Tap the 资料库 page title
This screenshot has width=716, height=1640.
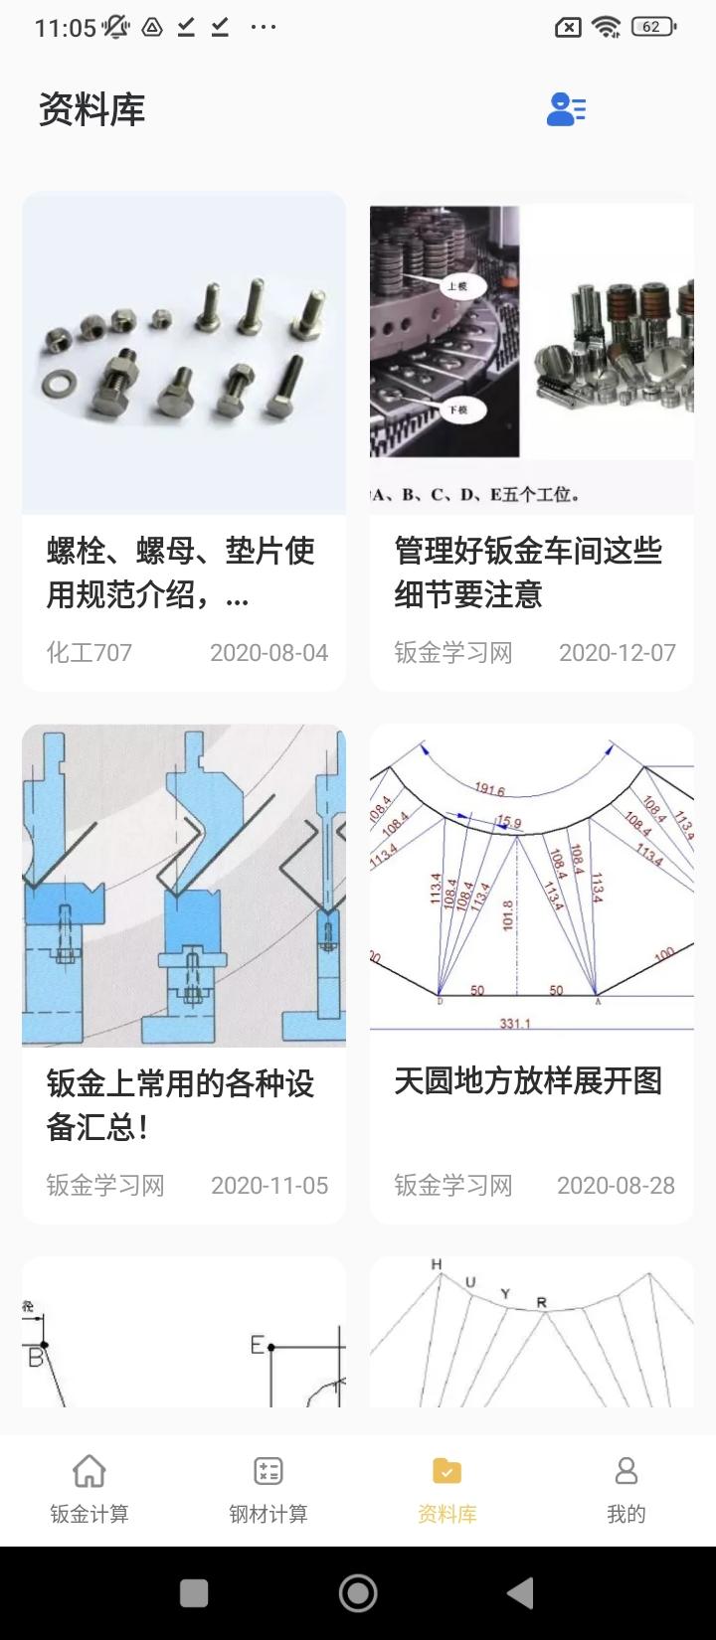tap(91, 109)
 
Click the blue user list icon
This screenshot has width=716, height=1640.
tap(566, 109)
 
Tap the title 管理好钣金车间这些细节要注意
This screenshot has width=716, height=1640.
tap(528, 573)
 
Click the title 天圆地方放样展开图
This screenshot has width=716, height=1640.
tap(528, 1081)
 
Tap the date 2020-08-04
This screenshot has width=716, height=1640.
tap(268, 653)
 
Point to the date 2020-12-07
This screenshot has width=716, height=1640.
tap(617, 653)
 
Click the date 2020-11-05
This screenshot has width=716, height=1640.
tap(268, 1186)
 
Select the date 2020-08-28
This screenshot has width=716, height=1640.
tap(616, 1186)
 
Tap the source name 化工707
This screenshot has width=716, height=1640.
tap(89, 653)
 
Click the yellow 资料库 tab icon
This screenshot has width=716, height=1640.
tap(447, 1471)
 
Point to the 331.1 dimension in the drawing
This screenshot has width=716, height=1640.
tap(515, 1023)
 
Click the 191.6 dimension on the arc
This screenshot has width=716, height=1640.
tap(489, 790)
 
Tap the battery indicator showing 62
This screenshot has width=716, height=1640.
tap(654, 28)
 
